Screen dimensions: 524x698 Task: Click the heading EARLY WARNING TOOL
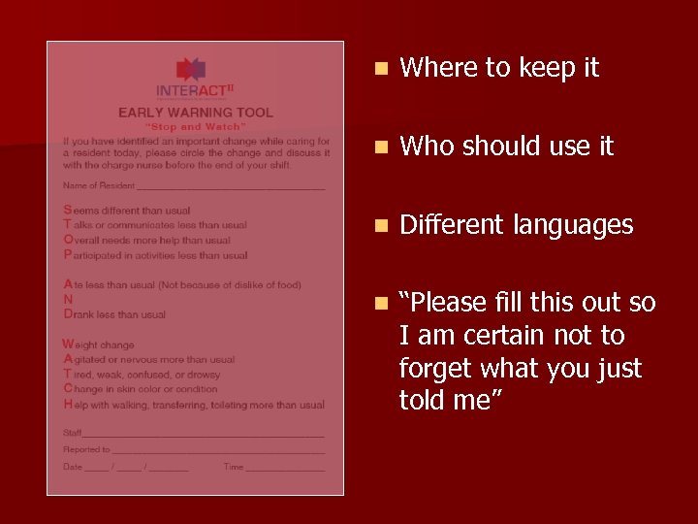195,113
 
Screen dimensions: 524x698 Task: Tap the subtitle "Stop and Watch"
195,126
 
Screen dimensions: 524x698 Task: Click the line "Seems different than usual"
127,211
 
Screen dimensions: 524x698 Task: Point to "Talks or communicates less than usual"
155,225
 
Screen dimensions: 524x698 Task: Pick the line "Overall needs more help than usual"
147,240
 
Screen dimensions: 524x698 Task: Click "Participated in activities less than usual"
155,255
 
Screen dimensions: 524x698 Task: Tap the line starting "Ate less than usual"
182,285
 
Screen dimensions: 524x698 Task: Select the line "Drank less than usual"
114,314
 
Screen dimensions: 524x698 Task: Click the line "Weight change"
99,344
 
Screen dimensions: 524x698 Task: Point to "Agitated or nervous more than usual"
149,359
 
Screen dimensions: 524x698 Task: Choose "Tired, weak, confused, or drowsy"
142,375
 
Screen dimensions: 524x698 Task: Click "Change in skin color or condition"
141,389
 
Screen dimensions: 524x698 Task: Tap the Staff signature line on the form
204,433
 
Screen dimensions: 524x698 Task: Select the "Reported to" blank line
218,450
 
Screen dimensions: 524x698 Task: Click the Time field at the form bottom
286,467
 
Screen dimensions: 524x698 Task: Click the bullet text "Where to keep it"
499,68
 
